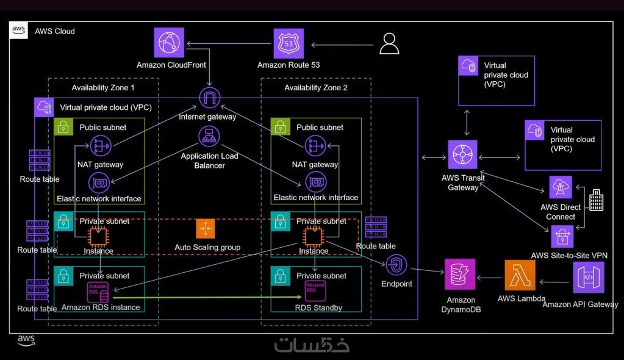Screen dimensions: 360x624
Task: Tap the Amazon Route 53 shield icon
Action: click(289, 43)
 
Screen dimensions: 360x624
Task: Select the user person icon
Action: click(389, 44)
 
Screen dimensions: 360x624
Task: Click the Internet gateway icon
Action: click(210, 99)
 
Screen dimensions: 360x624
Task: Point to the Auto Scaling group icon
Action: click(206, 229)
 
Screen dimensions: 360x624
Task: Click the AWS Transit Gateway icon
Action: click(463, 155)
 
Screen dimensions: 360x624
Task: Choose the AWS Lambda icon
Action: click(520, 275)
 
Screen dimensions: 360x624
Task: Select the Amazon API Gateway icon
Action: click(588, 278)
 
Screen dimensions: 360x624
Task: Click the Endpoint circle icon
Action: click(396, 265)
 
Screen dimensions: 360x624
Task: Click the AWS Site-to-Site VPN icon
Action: click(562, 236)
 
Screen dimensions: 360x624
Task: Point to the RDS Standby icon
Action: click(315, 290)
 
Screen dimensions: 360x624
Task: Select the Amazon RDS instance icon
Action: click(99, 291)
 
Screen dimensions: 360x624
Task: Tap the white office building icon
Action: click(595, 200)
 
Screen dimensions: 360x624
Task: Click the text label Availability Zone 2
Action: click(316, 88)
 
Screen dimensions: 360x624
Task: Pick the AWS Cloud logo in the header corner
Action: click(19, 31)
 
